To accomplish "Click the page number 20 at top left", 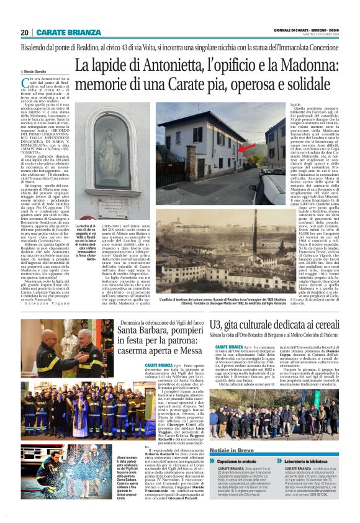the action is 25,32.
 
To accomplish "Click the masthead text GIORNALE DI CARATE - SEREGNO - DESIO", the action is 307,30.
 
